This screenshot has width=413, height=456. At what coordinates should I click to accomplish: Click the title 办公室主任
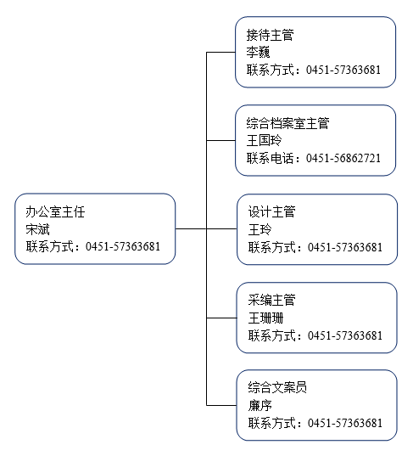tap(55, 211)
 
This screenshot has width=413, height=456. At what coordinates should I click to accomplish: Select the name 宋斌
tap(38, 229)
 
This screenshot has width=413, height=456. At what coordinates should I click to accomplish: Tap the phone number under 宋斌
tap(123, 246)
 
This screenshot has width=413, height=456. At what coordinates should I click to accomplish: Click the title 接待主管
tap(271, 35)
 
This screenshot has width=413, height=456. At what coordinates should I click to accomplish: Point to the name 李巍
tap(258, 53)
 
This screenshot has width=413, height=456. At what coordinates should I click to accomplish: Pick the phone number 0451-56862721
tap(343, 158)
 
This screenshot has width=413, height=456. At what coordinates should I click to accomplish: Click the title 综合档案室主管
tap(287, 123)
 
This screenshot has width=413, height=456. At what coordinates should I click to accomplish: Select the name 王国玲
tap(264, 140)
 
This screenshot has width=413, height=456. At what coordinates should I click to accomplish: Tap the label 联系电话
tap(271, 158)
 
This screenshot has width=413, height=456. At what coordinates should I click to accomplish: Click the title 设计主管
tap(272, 211)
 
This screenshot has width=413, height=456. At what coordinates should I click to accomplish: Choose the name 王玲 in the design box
tap(260, 229)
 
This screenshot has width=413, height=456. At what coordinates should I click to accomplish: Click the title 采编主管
tap(272, 300)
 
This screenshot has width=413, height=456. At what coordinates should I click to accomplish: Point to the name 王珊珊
tap(265, 318)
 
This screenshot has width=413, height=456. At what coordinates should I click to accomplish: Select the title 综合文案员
tap(277, 388)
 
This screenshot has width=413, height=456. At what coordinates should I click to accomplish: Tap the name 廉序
tap(260, 405)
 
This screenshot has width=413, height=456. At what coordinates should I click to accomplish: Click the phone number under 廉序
tap(345, 423)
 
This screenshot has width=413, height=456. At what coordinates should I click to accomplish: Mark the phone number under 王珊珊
tap(345, 335)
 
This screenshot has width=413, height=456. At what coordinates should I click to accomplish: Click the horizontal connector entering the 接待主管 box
tap(220, 53)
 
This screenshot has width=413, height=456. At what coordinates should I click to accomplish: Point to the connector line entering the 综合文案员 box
tap(221, 405)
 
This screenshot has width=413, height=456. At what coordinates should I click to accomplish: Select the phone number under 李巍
tap(343, 70)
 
